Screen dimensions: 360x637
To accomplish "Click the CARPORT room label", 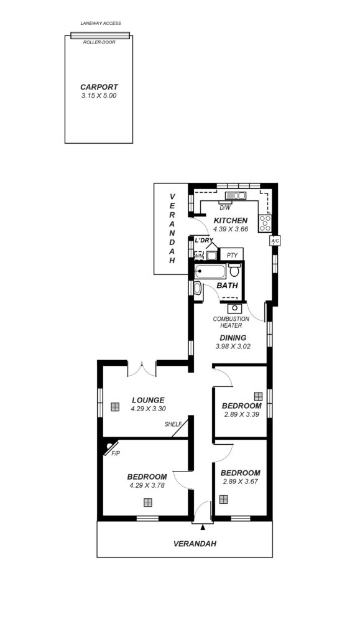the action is (x=99, y=87).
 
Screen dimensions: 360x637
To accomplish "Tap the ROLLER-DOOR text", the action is (x=99, y=42).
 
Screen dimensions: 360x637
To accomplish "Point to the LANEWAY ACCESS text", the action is (x=101, y=23).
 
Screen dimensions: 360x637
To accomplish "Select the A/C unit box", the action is (x=275, y=241).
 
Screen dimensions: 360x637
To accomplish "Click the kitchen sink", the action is (x=236, y=196).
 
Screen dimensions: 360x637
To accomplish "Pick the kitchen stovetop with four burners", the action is (x=265, y=224).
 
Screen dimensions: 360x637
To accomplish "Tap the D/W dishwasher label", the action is (x=224, y=208).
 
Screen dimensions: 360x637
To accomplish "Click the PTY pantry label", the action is (x=232, y=256).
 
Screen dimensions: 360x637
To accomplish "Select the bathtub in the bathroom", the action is (x=210, y=271).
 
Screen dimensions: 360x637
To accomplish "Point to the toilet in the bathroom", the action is (x=234, y=270).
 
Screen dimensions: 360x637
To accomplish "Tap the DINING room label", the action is (x=233, y=338).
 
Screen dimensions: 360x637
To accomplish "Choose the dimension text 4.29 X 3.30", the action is (x=148, y=409).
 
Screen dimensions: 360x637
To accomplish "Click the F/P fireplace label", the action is (x=116, y=453).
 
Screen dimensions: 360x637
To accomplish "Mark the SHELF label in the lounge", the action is (x=173, y=424).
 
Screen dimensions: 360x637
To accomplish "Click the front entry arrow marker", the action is (x=203, y=527).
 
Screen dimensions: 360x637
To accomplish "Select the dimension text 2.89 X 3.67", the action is (x=240, y=482).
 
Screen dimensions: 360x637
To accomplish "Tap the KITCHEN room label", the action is (x=231, y=221).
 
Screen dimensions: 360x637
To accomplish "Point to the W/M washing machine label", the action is (x=199, y=256).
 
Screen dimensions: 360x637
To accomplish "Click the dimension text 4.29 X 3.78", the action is (x=147, y=485).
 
